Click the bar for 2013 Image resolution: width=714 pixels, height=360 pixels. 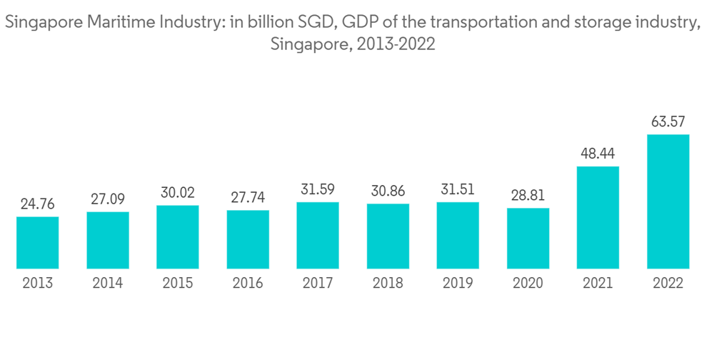coord(37,243)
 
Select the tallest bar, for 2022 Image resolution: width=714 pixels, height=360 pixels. coord(668,201)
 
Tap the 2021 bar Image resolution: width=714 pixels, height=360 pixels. coord(598,218)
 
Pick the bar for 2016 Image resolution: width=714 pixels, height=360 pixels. coord(248,239)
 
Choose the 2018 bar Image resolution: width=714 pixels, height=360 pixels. coord(388,236)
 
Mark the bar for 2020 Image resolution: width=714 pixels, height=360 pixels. coord(528,239)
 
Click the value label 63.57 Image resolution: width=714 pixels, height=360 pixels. coord(668,121)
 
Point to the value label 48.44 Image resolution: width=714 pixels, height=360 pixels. coord(598,153)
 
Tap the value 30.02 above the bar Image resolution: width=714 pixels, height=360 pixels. coord(178,192)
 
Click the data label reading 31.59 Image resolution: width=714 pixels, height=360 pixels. coord(318,189)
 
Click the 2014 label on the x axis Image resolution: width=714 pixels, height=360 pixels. coord(107,284)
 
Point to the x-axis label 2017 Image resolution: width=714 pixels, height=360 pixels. coord(318,284)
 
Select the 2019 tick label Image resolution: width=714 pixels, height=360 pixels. coord(458,284)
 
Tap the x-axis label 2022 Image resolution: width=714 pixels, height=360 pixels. coord(668,284)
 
